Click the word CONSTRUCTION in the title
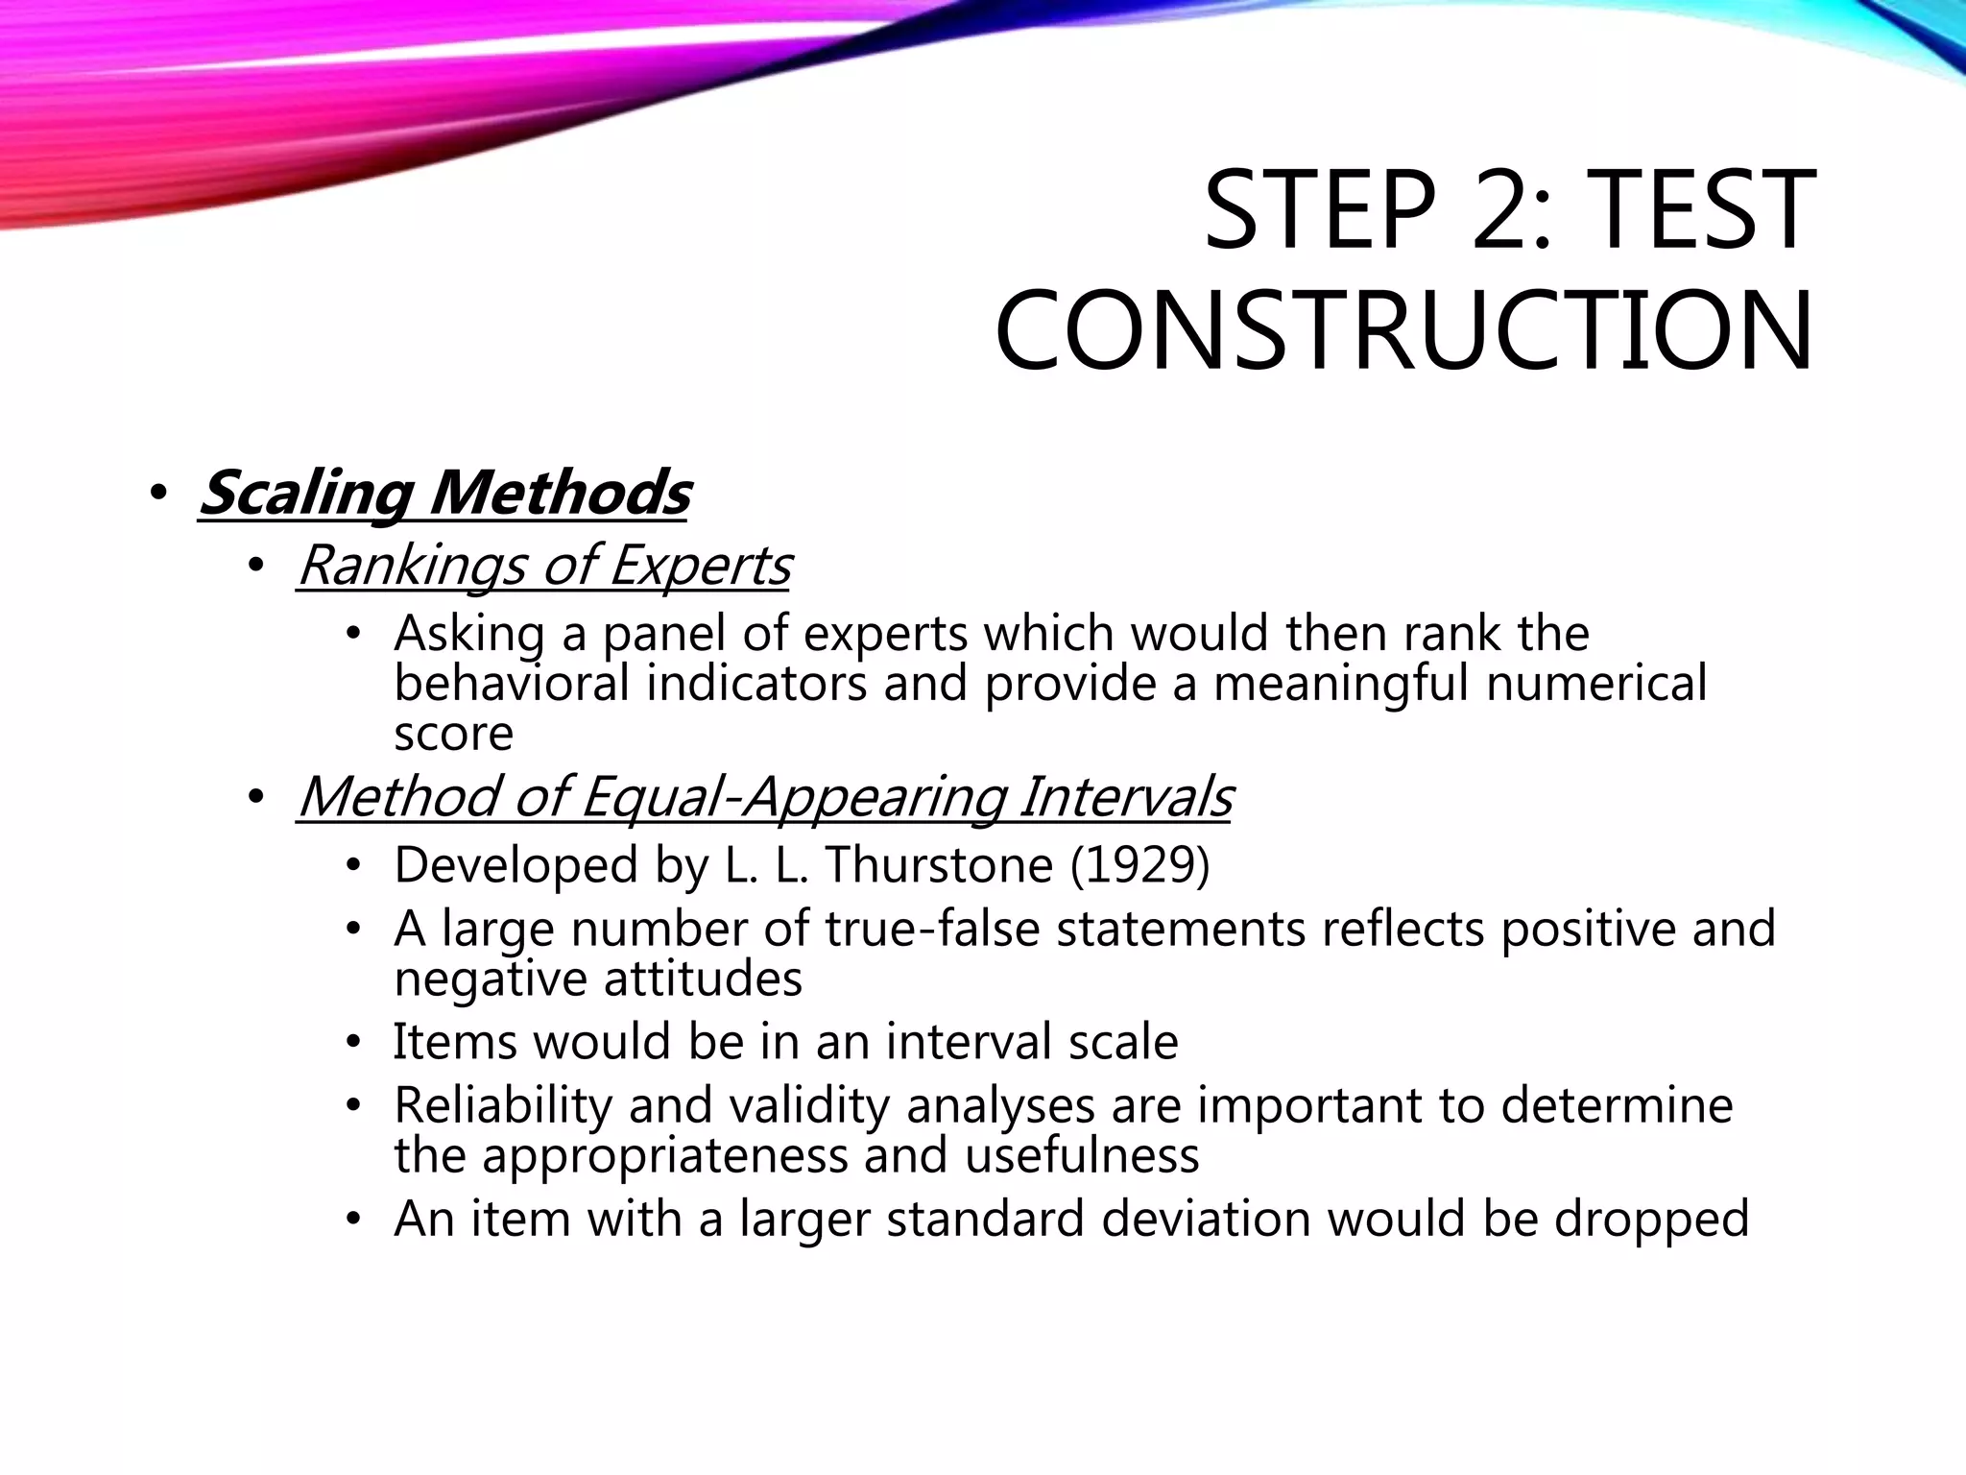coord(1403,330)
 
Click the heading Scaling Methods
coord(444,494)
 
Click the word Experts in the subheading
coord(699,566)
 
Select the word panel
coord(664,635)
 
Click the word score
coord(453,734)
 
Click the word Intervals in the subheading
coord(1125,797)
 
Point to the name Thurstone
coord(939,865)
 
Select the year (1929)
coord(1139,865)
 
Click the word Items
coord(449,1042)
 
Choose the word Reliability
coord(503,1105)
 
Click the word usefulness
coord(1082,1155)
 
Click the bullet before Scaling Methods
coord(158,496)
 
